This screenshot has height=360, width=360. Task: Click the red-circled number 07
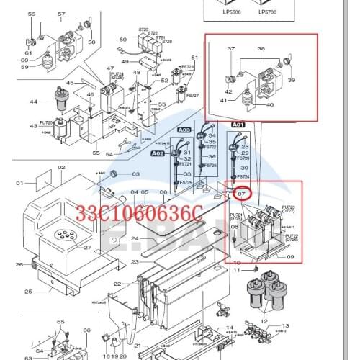tap(242, 194)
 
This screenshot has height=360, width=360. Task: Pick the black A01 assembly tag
tap(238, 125)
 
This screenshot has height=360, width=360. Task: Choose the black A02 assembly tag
tap(158, 153)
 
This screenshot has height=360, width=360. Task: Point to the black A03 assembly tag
tap(184, 130)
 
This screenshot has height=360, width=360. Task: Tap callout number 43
tap(33, 126)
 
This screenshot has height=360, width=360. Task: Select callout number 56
tap(31, 14)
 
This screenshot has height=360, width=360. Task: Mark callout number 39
tap(292, 81)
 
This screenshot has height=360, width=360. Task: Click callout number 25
tap(28, 292)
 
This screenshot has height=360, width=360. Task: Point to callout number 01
tap(19, 183)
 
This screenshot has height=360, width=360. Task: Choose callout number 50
tap(123, 40)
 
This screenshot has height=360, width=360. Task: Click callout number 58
tap(91, 42)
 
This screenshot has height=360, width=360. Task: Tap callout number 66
tap(86, 330)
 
